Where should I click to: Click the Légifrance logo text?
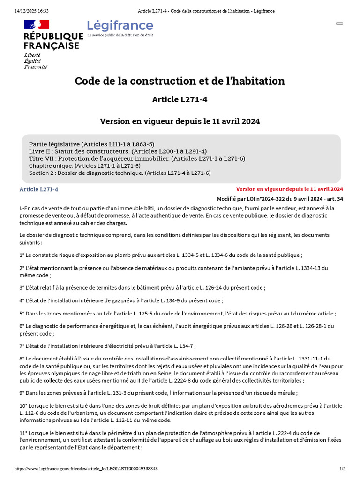click(120, 25)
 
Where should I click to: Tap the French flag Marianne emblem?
click(37, 24)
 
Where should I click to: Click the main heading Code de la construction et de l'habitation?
click(180, 81)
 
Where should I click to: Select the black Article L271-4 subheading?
click(180, 99)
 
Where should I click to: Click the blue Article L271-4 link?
click(39, 189)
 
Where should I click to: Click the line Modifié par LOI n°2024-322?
click(280, 199)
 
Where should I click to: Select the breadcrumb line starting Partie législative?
click(91, 144)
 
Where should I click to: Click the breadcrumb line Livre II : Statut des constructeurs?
click(118, 151)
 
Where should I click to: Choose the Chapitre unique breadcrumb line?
click(84, 166)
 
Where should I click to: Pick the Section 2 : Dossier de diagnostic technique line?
click(120, 173)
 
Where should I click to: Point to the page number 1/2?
click(342, 468)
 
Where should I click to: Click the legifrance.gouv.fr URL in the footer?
click(86, 468)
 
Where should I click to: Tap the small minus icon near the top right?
click(339, 23)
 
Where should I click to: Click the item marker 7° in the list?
click(22, 346)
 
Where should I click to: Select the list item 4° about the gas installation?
click(121, 300)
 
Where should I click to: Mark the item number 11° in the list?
click(23, 433)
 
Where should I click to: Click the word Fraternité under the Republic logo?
click(36, 67)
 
